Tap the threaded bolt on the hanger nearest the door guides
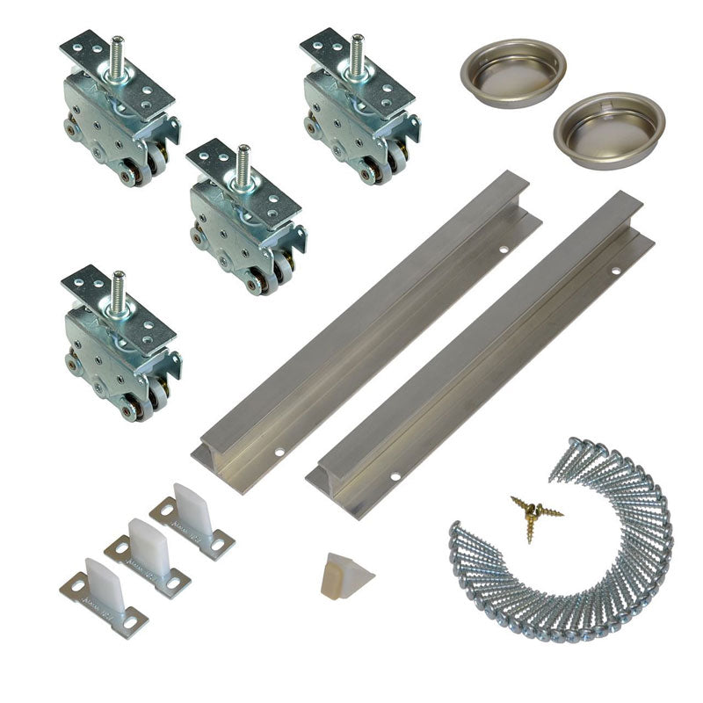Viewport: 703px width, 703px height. [x=118, y=291]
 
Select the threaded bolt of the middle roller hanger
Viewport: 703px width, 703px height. [x=243, y=164]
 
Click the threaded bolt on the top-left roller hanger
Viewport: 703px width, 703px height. [x=118, y=54]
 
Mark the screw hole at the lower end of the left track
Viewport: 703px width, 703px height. [x=279, y=454]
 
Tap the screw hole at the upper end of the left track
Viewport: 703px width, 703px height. [x=504, y=250]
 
